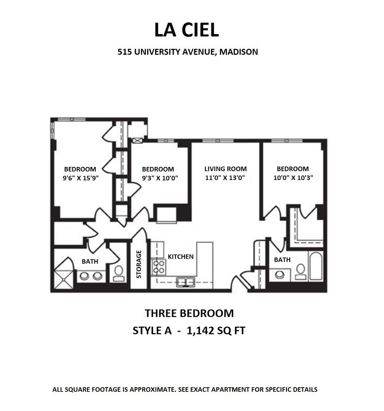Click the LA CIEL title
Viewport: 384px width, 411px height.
point(187,30)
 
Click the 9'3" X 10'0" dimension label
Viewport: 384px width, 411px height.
point(158,178)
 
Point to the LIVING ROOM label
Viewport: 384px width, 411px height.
point(225,169)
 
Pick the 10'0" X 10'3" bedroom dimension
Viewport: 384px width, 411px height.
point(293,178)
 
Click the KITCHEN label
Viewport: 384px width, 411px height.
point(180,256)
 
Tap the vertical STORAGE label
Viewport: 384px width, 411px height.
point(139,264)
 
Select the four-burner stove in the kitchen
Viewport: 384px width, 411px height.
point(158,267)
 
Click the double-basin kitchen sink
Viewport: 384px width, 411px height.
point(186,282)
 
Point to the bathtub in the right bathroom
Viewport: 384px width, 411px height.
point(316,266)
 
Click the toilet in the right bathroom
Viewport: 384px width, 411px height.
point(301,271)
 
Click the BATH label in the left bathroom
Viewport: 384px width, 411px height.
point(90,261)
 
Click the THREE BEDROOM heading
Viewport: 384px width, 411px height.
point(189,313)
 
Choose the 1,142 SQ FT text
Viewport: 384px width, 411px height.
point(215,331)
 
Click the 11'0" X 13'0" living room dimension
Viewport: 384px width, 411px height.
point(225,178)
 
